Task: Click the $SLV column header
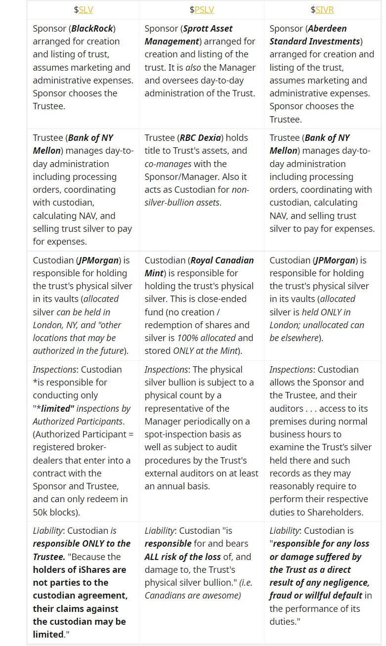(x=83, y=9)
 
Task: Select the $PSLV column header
(x=201, y=9)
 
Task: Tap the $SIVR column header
(x=322, y=9)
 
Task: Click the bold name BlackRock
(x=93, y=29)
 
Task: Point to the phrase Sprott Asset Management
(x=188, y=35)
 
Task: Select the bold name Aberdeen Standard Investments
(x=315, y=35)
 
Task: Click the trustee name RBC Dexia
(x=208, y=138)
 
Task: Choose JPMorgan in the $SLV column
(x=98, y=260)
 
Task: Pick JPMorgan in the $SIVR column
(x=335, y=260)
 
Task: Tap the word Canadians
(x=166, y=596)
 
